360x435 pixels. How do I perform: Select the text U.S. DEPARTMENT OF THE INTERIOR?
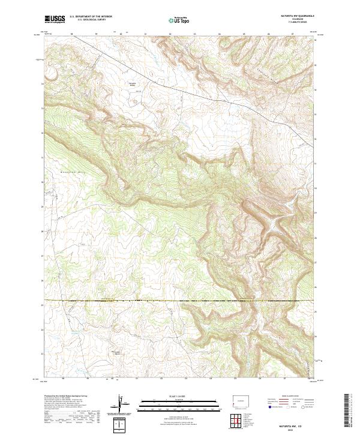point(91,17)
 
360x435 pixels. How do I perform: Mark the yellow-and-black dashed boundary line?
point(180,300)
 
